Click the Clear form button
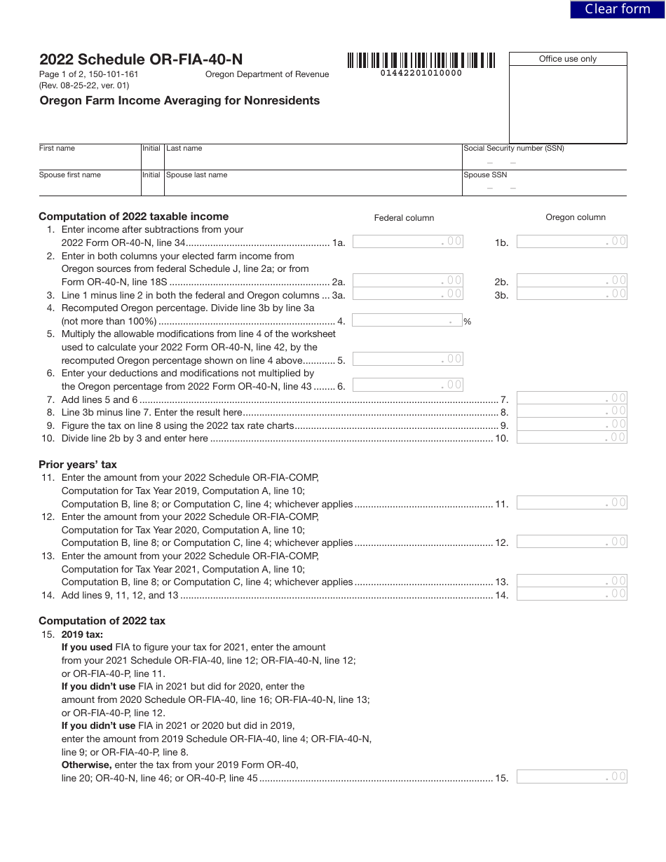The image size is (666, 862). [617, 9]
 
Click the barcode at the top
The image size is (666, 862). [421, 60]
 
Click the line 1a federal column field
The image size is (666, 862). [407, 242]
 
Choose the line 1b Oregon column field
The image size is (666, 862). [571, 242]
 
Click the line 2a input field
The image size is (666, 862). [407, 281]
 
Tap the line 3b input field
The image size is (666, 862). [571, 294]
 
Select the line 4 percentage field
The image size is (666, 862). [407, 320]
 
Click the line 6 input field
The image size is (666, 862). [407, 385]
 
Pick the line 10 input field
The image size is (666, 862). [571, 437]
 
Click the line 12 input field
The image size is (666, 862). [571, 542]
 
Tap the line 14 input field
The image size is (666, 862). [571, 594]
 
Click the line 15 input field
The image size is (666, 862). [571, 777]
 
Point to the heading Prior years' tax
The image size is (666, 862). [78, 465]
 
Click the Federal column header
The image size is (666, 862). [404, 218]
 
